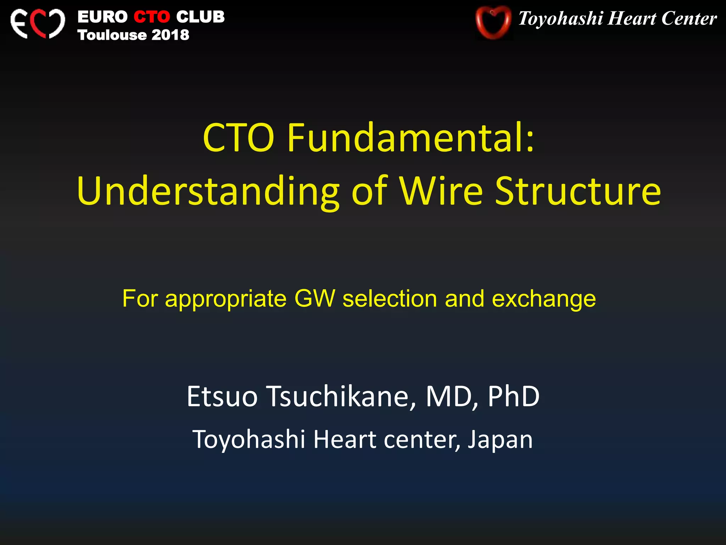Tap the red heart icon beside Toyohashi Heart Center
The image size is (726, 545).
click(x=493, y=22)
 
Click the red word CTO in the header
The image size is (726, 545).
click(x=152, y=17)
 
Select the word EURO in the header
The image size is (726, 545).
click(x=102, y=17)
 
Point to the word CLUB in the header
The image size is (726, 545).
click(x=200, y=17)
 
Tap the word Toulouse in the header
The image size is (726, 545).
click(x=112, y=35)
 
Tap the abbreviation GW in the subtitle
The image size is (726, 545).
click(x=314, y=298)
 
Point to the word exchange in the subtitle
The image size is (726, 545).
click(x=544, y=299)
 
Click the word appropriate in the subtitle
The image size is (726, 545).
click(x=226, y=299)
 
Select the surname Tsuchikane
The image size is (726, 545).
click(x=341, y=396)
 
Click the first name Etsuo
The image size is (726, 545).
click(x=222, y=396)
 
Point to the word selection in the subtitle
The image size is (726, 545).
click(x=390, y=298)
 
